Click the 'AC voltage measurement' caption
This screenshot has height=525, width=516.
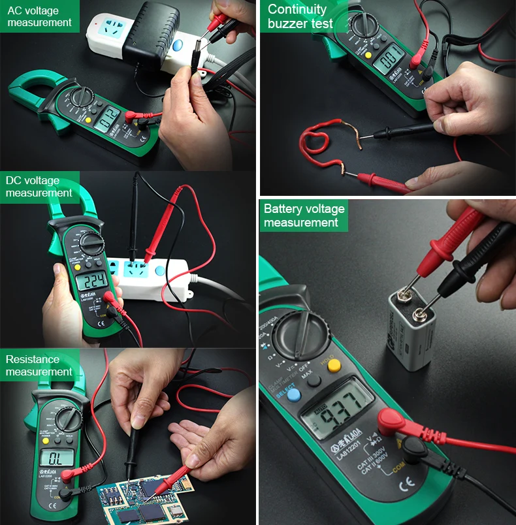(x=39, y=16)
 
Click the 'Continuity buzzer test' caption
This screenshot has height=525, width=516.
(x=300, y=16)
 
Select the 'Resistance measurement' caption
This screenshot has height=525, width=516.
(x=39, y=366)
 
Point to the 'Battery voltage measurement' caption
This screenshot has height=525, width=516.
(x=304, y=215)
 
